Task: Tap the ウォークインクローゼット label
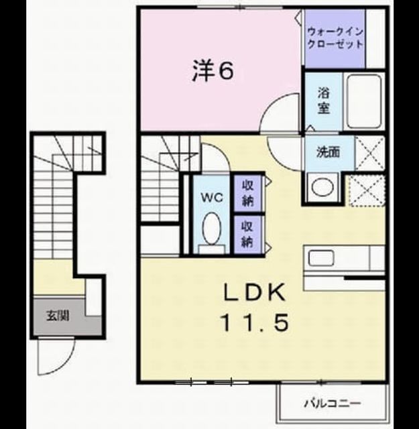335,38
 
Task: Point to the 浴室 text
323,101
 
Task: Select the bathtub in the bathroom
364,101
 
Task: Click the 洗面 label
328,152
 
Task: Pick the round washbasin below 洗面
322,187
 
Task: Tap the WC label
212,197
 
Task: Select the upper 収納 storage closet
248,194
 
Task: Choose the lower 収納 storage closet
248,234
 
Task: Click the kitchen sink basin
321,258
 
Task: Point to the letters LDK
253,293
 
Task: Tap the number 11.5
255,322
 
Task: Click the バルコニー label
333,404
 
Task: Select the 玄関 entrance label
58,316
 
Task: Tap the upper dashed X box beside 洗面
370,154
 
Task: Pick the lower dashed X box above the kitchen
367,190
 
